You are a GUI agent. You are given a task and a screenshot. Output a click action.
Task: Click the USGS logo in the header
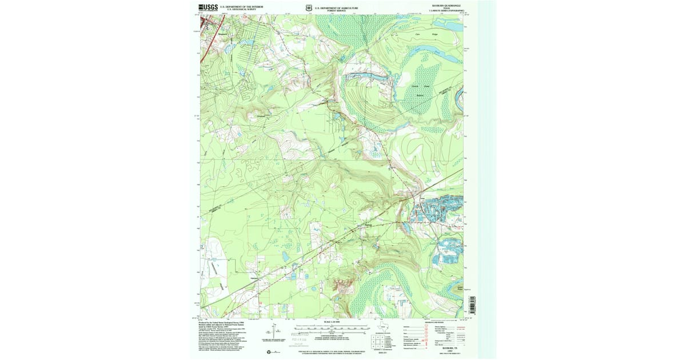[x=208, y=7]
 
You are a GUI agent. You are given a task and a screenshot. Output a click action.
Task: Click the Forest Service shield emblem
[x=309, y=8]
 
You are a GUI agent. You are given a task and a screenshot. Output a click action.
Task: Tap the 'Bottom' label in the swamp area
[x=421, y=95]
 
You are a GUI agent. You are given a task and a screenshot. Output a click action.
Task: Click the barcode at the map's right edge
[x=473, y=306]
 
